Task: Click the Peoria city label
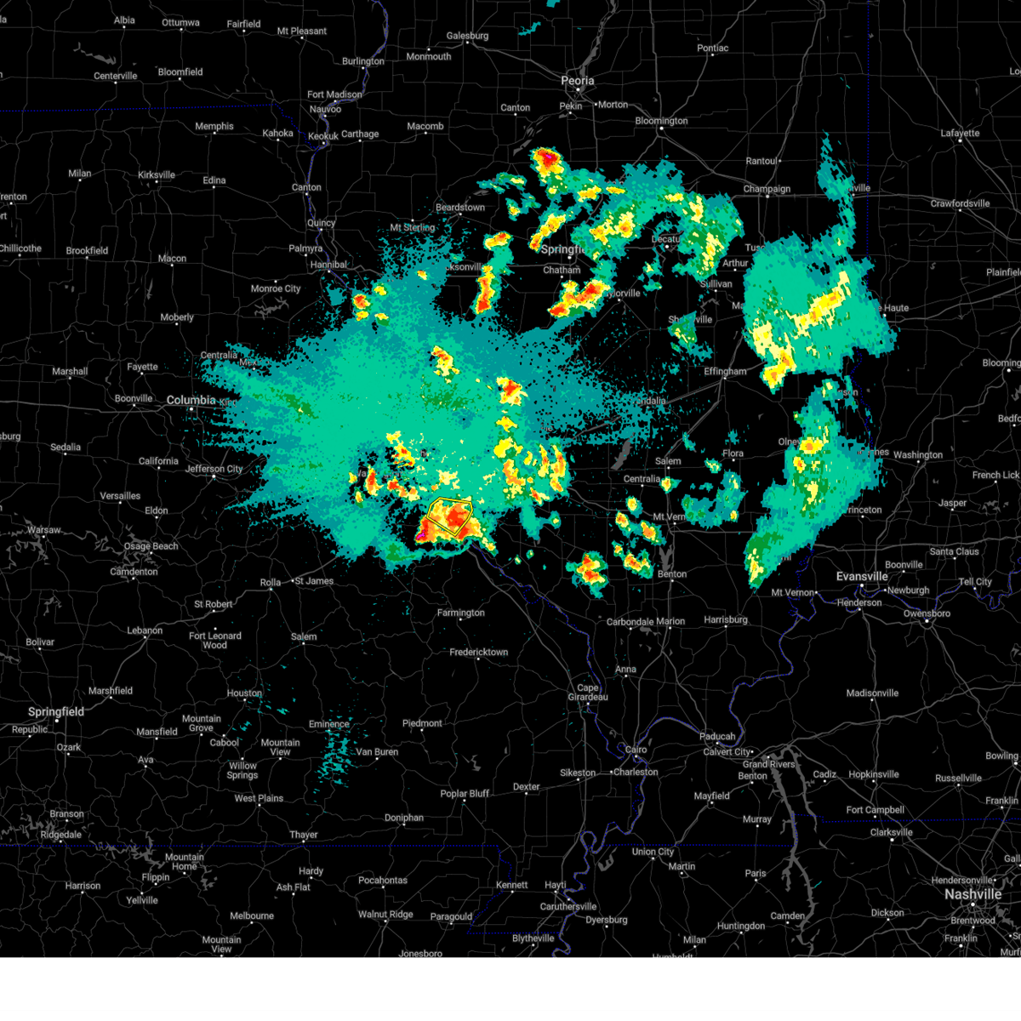click(577, 81)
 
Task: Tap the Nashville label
click(973, 894)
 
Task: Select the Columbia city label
click(191, 400)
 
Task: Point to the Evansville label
click(862, 577)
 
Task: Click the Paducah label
click(717, 737)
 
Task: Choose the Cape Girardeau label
click(588, 693)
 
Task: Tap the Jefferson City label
click(214, 469)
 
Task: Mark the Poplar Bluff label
click(465, 794)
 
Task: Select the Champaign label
click(767, 189)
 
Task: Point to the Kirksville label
click(157, 175)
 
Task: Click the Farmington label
click(460, 613)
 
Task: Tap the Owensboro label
click(927, 613)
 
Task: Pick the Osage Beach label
click(151, 546)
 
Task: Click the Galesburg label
click(467, 36)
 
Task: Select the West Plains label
click(259, 798)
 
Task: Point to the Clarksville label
click(891, 833)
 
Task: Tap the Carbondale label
click(630, 622)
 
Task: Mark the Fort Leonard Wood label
click(214, 641)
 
